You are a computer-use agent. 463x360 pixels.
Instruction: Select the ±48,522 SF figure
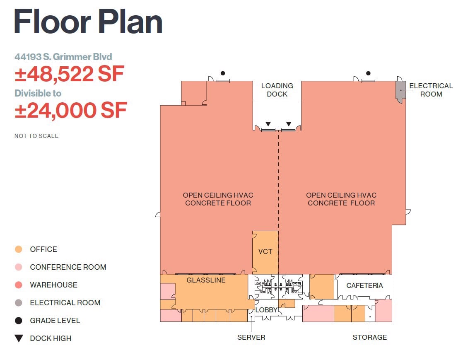[x=69, y=74]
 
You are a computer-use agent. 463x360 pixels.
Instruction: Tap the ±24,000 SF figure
[x=71, y=110]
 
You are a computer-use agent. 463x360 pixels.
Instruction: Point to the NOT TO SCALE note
[x=36, y=136]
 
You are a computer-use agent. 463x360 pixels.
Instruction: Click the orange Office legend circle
[x=19, y=249]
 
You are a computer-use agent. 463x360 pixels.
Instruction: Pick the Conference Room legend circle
[x=19, y=267]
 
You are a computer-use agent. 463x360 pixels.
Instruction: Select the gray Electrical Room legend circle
[x=19, y=303]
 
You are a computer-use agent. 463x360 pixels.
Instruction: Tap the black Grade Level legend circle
[x=19, y=321]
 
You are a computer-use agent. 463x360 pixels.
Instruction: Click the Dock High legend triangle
[x=19, y=338]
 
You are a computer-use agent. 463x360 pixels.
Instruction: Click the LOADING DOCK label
[x=277, y=90]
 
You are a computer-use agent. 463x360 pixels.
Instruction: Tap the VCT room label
[x=265, y=251]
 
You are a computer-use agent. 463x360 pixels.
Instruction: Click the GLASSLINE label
[x=206, y=280]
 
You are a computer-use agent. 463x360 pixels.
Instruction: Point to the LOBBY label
[x=266, y=310]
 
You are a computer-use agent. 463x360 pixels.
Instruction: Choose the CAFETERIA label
[x=364, y=285]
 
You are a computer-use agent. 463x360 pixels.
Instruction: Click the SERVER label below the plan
[x=251, y=337]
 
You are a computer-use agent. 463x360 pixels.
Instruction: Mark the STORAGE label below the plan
[x=369, y=337]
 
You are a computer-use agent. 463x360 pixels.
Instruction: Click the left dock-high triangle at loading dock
[x=268, y=124]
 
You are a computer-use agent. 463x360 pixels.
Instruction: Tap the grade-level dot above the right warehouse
[x=368, y=73]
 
